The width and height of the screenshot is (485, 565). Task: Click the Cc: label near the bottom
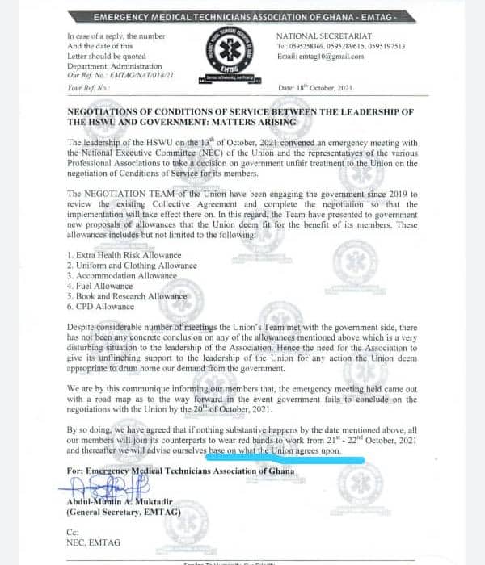74,534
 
